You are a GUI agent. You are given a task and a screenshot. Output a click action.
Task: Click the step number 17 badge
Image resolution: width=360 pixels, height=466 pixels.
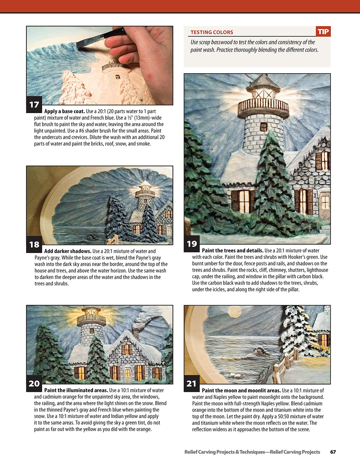pyautogui.click(x=34, y=104)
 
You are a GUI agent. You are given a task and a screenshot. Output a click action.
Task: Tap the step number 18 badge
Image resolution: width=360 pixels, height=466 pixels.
pyautogui.click(x=34, y=244)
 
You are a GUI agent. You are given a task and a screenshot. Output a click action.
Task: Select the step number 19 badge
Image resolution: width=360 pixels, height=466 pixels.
pyautogui.click(x=192, y=244)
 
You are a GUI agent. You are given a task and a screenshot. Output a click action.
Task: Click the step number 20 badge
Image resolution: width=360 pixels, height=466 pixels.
pyautogui.click(x=34, y=383)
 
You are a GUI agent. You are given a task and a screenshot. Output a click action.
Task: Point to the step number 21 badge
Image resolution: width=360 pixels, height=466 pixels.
pyautogui.click(x=192, y=384)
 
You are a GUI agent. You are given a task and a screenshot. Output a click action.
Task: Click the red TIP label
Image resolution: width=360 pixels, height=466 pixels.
pyautogui.click(x=323, y=32)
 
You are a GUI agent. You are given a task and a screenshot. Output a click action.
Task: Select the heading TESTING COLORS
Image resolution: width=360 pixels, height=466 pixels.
pyautogui.click(x=212, y=32)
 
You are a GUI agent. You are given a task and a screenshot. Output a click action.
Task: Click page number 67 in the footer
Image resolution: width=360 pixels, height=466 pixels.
pyautogui.click(x=333, y=452)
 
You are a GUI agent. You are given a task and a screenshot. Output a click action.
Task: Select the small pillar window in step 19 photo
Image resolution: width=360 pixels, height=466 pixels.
pyautogui.click(x=263, y=127)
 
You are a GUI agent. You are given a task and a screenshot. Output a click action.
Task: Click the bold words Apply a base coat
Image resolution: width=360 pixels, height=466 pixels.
pyautogui.click(x=64, y=112)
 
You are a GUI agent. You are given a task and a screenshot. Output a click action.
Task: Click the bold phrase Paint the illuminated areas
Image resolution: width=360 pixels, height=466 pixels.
pyautogui.click(x=76, y=390)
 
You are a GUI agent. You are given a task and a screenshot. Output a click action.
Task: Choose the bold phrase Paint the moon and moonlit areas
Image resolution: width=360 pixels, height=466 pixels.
pyautogui.click(x=241, y=391)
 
